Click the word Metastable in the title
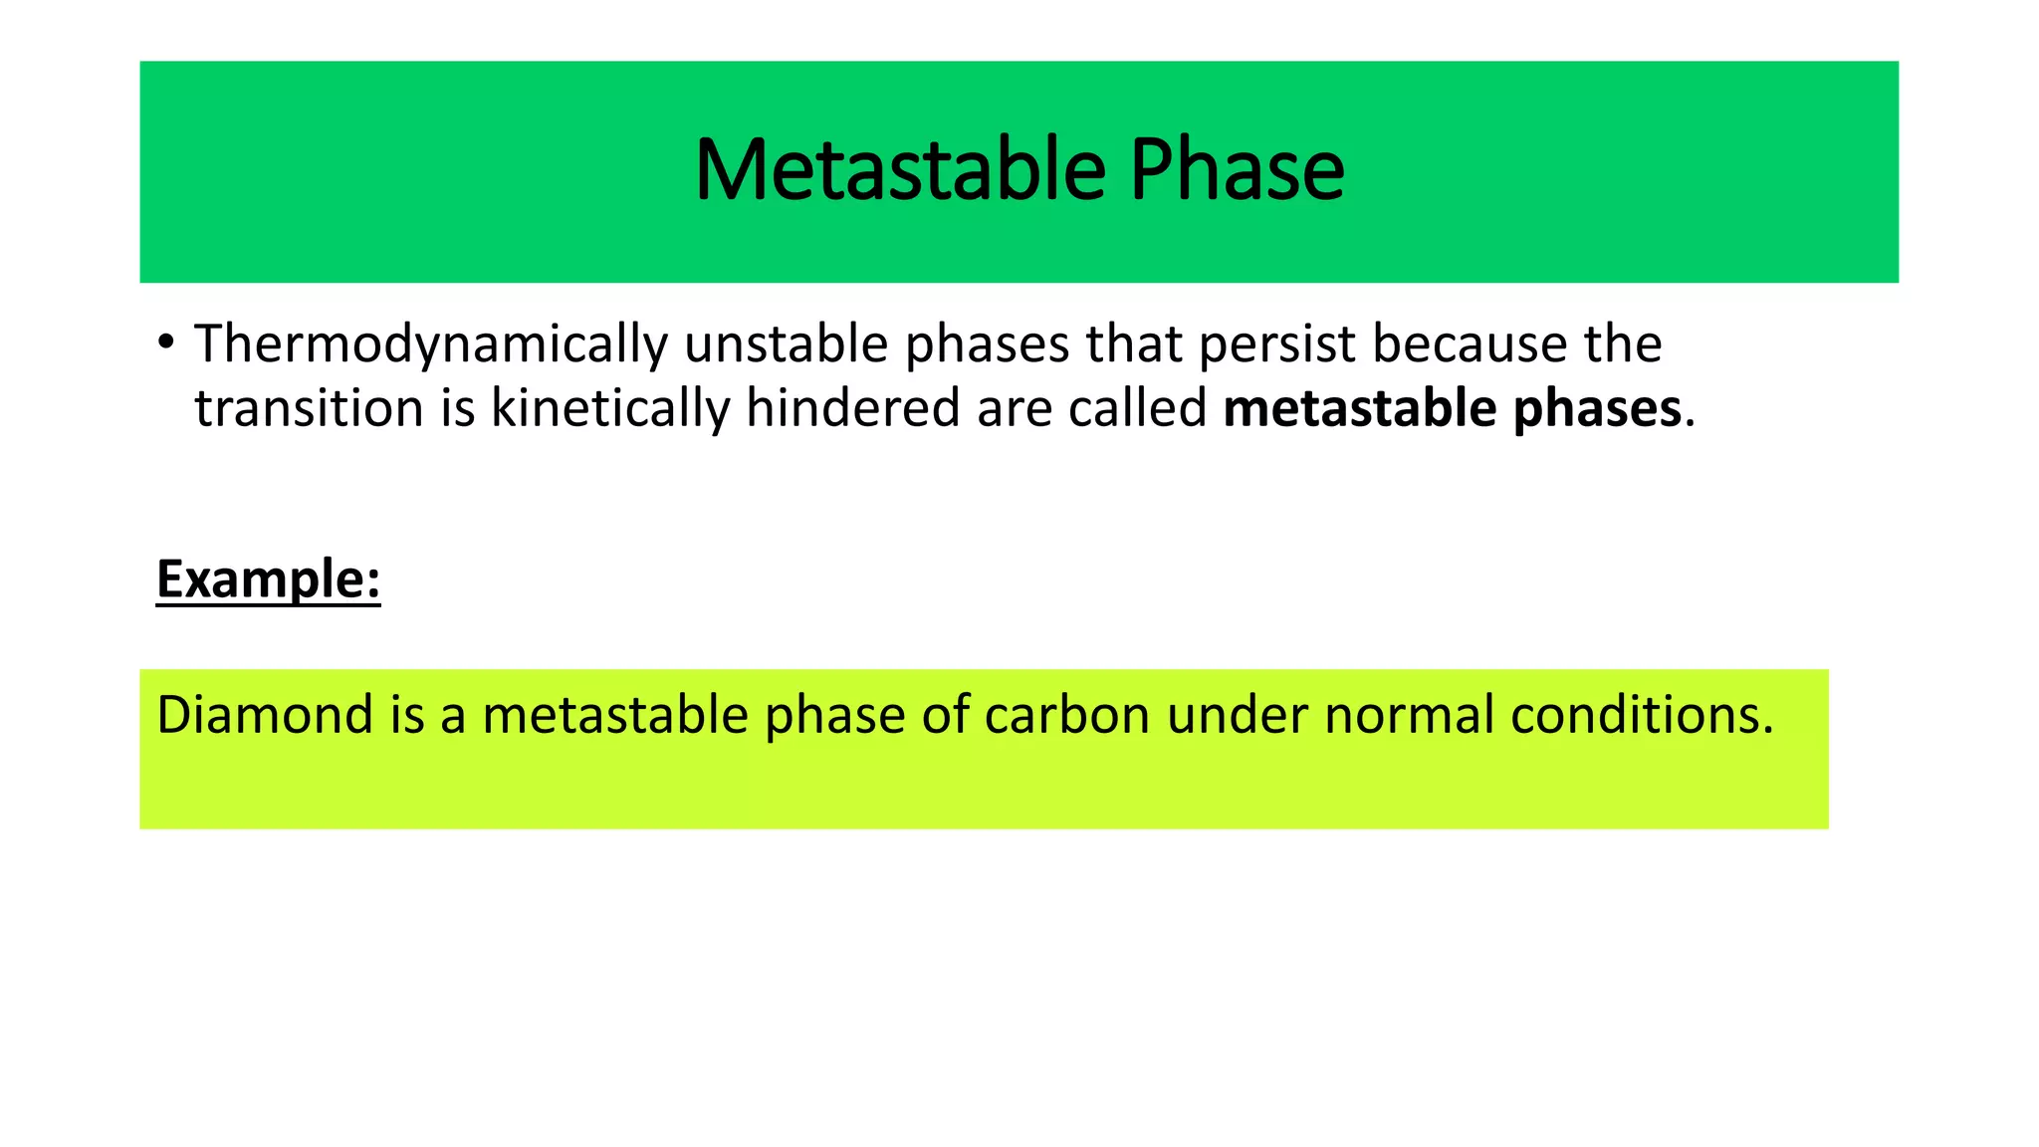click(900, 170)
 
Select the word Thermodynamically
click(430, 344)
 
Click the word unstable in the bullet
click(786, 344)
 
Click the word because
click(1470, 344)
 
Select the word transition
click(309, 409)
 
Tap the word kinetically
click(609, 409)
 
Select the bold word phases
click(1597, 409)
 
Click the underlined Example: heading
click(268, 579)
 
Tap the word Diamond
click(264, 715)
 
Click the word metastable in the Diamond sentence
click(614, 715)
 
